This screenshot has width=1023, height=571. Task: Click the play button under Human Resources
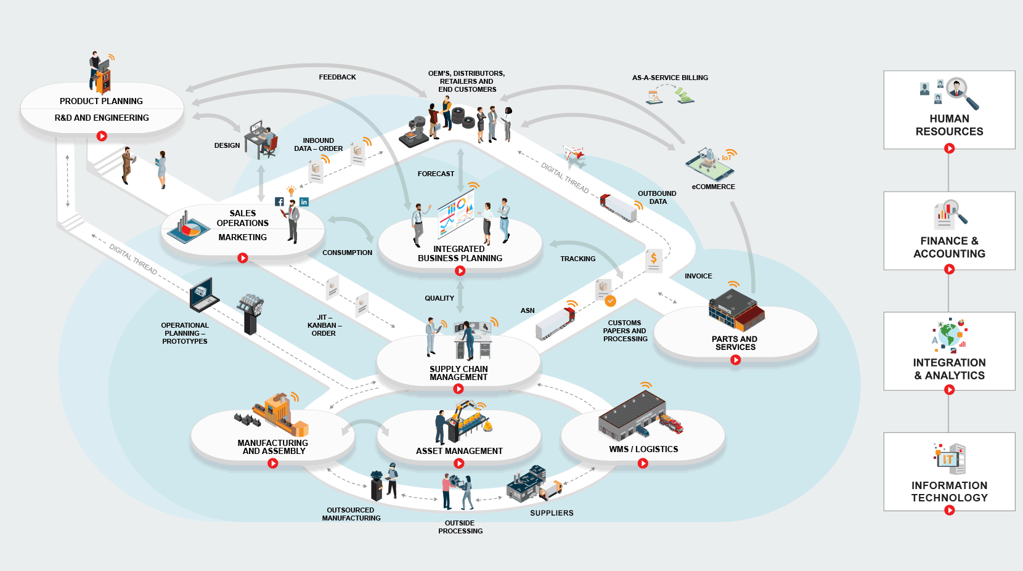949,148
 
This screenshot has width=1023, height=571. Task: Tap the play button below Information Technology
949,510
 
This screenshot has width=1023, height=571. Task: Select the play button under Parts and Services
735,360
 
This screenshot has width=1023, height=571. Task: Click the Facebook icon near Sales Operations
279,201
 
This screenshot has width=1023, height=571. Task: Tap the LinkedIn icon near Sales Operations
304,201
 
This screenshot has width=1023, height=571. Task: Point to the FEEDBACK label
337,77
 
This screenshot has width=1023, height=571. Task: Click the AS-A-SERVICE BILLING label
670,78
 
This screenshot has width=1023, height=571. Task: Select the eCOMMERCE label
713,187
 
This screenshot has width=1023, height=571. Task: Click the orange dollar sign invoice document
654,260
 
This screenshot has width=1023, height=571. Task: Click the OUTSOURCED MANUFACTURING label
351,514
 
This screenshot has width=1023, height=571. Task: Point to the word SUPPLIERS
552,512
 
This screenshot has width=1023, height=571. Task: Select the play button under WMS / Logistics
643,463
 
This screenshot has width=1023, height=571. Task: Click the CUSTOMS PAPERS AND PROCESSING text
625,331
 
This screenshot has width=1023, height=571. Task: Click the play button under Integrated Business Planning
460,270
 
